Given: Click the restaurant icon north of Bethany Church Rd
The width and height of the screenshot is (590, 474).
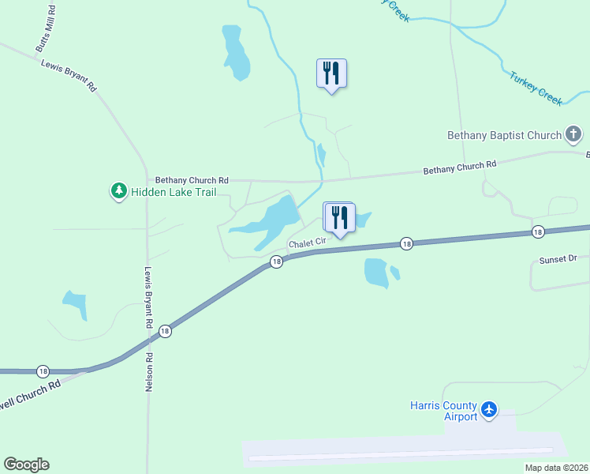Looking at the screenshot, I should coord(331,73).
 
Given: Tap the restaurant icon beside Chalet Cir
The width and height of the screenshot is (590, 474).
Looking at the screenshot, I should coord(340,217).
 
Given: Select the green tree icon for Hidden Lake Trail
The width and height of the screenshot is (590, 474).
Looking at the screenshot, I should coord(118,190).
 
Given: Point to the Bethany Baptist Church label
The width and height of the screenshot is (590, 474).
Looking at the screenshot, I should coord(504,135).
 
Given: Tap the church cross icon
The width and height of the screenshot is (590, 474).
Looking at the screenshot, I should coord(573,135).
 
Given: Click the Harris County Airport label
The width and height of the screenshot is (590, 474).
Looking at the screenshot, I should coord(443,411).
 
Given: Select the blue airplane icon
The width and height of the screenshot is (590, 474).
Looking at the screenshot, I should coord(489,409).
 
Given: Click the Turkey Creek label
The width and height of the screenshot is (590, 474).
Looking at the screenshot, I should coord(536,88).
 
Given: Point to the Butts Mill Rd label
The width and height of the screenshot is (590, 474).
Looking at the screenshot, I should coord(46,29).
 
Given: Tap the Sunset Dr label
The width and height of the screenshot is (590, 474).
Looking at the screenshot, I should coord(558,258).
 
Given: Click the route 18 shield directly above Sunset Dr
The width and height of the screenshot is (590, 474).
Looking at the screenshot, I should coord(537,231).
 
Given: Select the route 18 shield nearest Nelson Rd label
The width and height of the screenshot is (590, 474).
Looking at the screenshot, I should coord(165,332).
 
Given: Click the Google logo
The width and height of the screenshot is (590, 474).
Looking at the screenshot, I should coord(26,465).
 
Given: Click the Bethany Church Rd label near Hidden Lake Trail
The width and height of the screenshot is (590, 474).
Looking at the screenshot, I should coord(192,180).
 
